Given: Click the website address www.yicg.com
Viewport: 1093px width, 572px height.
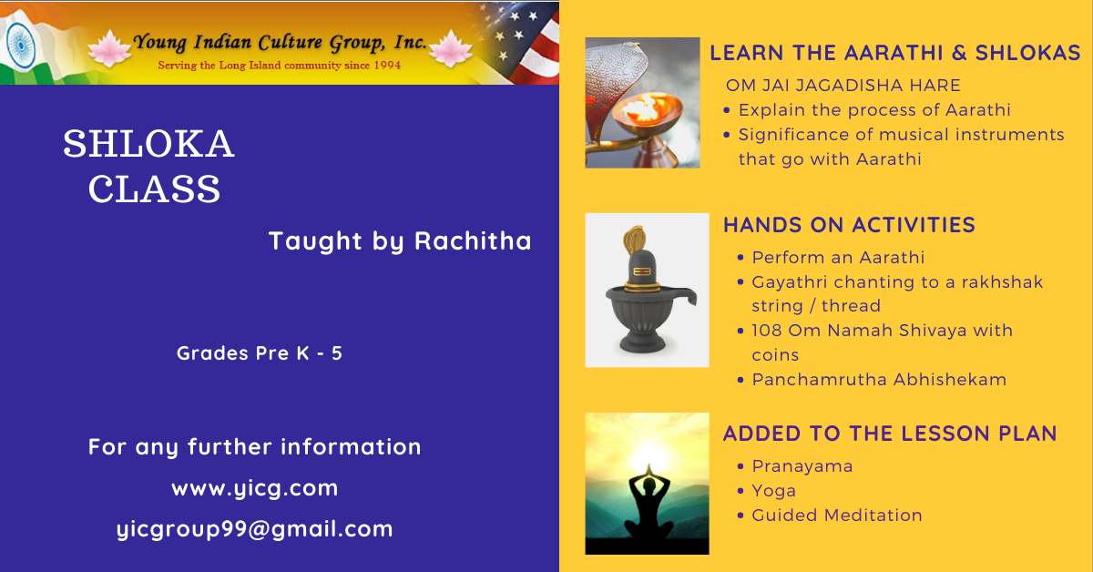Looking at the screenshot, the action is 255,488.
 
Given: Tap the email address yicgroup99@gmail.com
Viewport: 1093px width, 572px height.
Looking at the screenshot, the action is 255,529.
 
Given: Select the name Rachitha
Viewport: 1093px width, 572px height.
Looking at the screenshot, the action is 473,240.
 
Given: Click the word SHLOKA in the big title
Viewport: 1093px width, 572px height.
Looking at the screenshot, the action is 148,144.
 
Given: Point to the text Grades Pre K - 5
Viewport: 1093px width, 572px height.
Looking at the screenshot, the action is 259,352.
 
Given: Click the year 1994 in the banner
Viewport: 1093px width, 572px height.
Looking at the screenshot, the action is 387,65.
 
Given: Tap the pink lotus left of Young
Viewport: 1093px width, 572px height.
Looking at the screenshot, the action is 109,48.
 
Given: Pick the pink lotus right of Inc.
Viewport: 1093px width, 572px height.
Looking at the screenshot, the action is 450,48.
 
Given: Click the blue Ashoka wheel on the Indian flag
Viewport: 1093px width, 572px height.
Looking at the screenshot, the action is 21,45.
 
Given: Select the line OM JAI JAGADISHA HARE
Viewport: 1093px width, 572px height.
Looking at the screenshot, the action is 843,86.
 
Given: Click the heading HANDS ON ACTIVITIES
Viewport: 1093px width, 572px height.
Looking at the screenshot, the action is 849,225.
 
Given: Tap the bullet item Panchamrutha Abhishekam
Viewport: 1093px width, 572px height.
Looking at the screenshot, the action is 879,379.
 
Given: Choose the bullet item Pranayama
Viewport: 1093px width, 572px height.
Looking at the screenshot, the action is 802,466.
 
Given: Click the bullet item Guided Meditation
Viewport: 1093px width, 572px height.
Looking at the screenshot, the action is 837,515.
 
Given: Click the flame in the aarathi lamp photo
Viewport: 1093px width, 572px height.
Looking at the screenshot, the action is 645,108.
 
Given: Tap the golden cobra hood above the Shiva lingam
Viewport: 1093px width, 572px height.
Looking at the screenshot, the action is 634,240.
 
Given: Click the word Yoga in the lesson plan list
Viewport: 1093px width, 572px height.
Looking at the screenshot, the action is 774,491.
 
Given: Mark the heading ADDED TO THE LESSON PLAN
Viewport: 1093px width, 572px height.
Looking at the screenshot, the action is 890,434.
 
